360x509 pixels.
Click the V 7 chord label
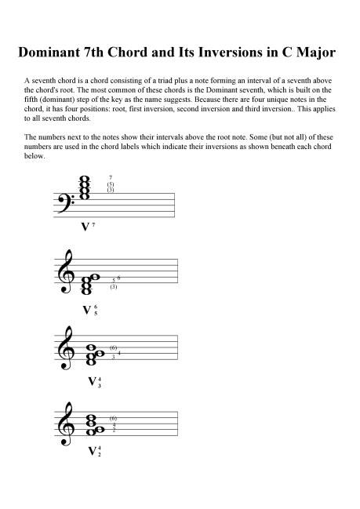88,227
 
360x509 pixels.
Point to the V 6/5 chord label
89,309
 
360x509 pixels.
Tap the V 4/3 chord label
93,382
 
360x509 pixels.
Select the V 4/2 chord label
93,451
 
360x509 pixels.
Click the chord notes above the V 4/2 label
96,424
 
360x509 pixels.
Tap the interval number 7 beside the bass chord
111,178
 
